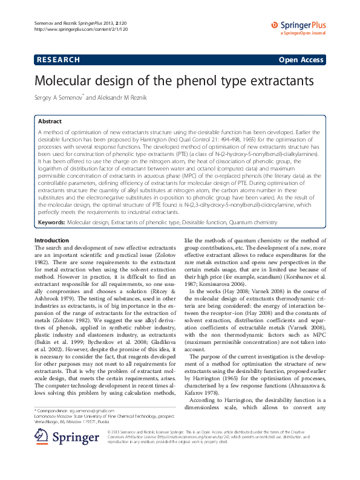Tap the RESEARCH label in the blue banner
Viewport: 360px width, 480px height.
[x=59, y=60]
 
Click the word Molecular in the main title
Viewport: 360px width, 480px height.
[x=68, y=81]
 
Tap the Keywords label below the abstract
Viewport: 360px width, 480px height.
[x=51, y=222]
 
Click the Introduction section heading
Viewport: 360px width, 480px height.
[x=51, y=241]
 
